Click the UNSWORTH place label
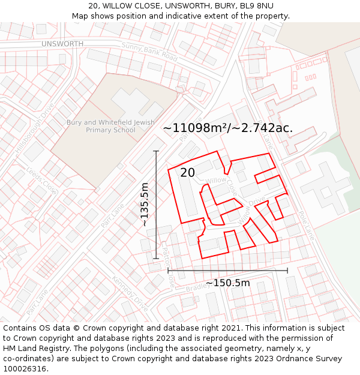(62, 44)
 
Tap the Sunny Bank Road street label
(149, 52)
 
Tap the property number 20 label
(188, 173)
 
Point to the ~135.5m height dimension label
(145, 205)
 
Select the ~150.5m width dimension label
(228, 283)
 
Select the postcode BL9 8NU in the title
(255, 6)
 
